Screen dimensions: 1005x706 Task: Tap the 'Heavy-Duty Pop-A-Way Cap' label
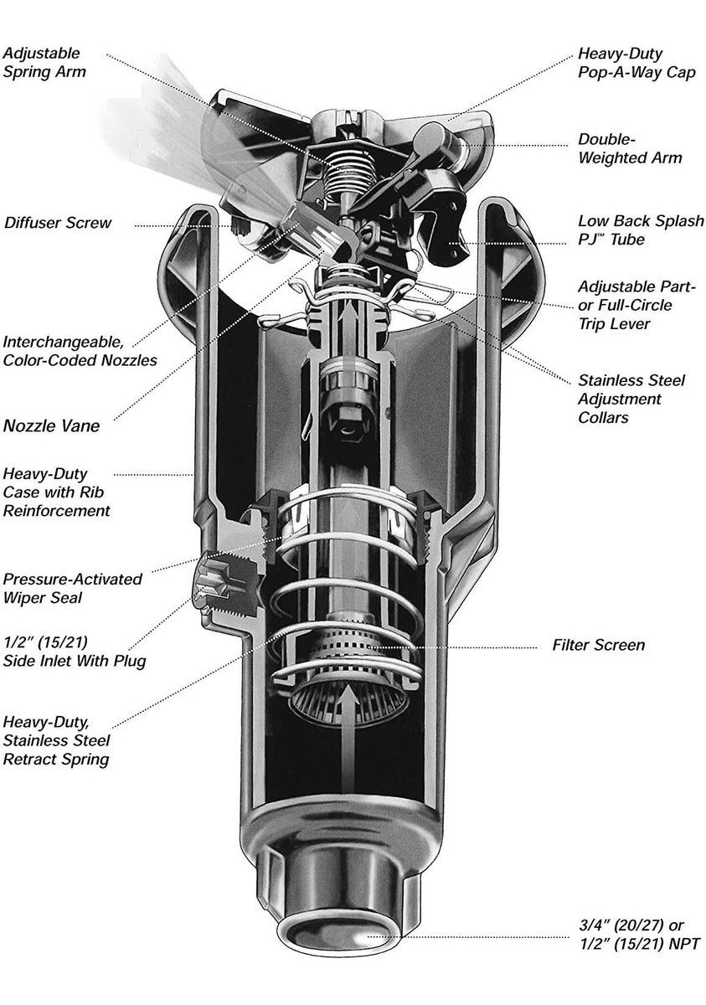tap(636, 62)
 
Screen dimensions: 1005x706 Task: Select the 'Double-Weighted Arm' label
tap(630, 148)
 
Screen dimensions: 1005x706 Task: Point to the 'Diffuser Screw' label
tap(58, 224)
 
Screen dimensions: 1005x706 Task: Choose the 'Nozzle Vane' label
tap(51, 426)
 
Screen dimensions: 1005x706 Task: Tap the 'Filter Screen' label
tap(598, 646)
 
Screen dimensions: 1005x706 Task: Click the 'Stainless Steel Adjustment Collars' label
tap(631, 399)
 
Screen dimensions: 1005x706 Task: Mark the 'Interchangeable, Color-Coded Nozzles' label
tap(80, 353)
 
